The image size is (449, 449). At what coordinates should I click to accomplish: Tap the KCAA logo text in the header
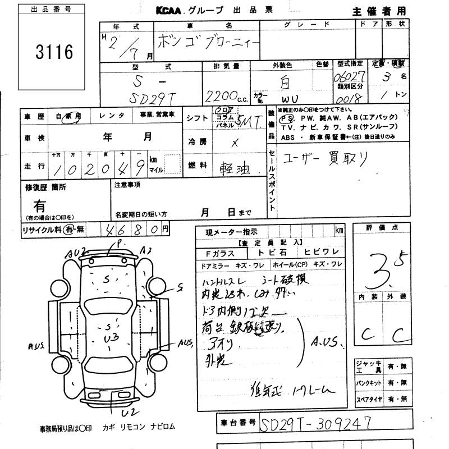click(170, 10)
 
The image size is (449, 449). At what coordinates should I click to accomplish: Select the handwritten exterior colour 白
click(285, 84)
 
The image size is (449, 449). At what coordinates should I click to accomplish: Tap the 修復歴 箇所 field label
click(45, 187)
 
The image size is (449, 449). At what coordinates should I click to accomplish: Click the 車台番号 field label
click(238, 421)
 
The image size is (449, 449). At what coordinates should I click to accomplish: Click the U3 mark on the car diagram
click(109, 337)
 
